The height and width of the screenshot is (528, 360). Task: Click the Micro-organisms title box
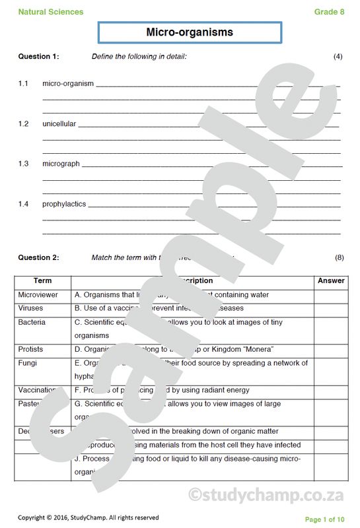pos(190,32)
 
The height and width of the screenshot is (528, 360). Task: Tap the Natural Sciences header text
pos(51,12)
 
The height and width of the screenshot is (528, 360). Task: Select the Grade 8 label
pos(329,12)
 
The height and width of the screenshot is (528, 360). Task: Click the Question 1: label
pos(38,57)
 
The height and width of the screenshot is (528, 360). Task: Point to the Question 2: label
pos(38,257)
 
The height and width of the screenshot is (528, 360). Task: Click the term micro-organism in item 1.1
pos(68,84)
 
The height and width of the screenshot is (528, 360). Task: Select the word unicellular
pos(59,123)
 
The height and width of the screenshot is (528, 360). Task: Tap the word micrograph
pos(61,164)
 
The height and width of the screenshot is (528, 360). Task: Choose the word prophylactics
pos(64,204)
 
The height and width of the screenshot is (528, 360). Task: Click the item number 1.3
pos(23,164)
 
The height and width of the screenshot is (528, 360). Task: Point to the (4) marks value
pos(338,57)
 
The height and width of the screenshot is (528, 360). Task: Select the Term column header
pos(42,280)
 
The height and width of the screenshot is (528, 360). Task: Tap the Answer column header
pos(331,280)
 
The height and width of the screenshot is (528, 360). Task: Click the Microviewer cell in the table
pos(38,295)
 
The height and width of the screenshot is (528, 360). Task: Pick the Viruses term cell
pos(30,308)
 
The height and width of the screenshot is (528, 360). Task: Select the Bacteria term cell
pos(32,322)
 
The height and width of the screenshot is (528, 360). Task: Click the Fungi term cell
pos(28,363)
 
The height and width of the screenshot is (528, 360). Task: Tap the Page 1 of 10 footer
pos(324,519)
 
